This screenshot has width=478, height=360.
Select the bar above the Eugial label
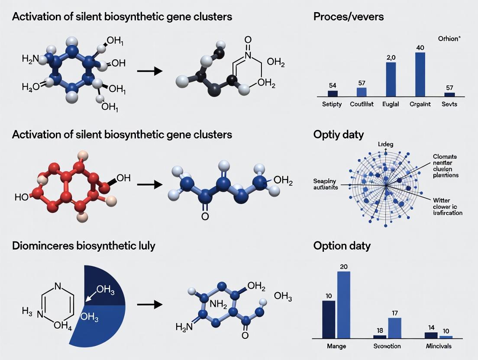[x=391, y=79]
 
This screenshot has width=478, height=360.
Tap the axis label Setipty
[x=332, y=104]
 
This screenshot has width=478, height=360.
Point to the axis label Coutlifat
[x=362, y=104]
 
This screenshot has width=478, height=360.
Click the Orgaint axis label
[x=420, y=104]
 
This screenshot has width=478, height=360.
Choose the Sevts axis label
[x=450, y=104]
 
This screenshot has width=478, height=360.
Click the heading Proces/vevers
[x=348, y=17]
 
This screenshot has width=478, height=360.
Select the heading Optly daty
[x=339, y=135]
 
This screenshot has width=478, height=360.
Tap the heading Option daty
[x=342, y=246]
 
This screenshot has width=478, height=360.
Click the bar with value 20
[x=343, y=304]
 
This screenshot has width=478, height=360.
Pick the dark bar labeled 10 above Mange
[x=329, y=319]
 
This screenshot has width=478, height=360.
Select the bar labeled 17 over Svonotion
[x=395, y=328]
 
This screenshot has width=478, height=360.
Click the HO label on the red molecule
[x=21, y=197]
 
